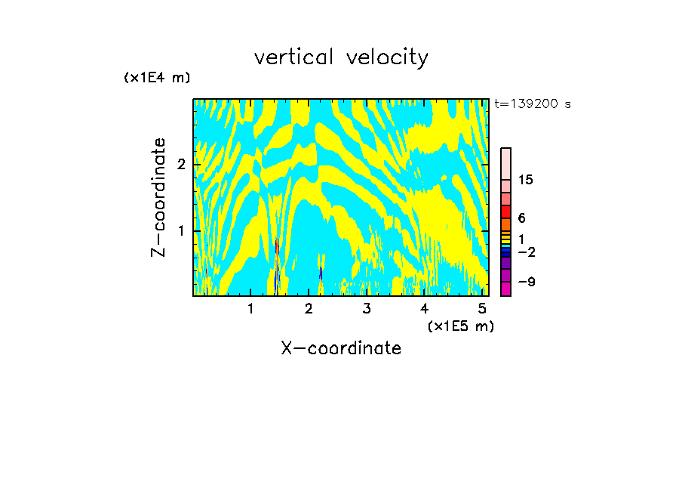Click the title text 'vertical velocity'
tap(341, 57)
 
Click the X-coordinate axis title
tap(341, 348)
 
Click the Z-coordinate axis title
tap(158, 197)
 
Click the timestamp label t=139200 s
tap(532, 104)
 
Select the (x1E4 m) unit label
tap(157, 78)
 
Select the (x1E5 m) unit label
tap(460, 326)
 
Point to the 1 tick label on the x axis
tap(251, 309)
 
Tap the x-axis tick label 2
tap(309, 309)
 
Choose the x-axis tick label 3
tap(367, 309)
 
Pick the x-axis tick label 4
tap(424, 309)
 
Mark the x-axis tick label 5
tap(482, 309)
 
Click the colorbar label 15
tap(527, 180)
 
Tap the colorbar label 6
tap(521, 218)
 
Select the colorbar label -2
tap(526, 252)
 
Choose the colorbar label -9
tap(526, 283)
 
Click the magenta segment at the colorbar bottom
tap(505, 289)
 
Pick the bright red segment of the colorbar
tap(505, 211)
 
